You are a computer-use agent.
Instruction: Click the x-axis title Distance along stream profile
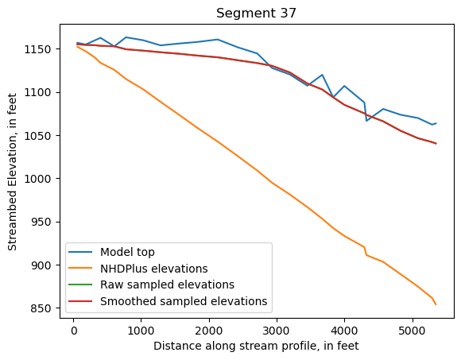[257, 346]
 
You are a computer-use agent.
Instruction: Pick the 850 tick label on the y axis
[45, 308]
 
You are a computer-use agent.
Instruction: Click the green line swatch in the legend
[83, 285]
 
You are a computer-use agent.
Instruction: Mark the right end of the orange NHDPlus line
[436, 304]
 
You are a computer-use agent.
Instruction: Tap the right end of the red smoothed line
[436, 144]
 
